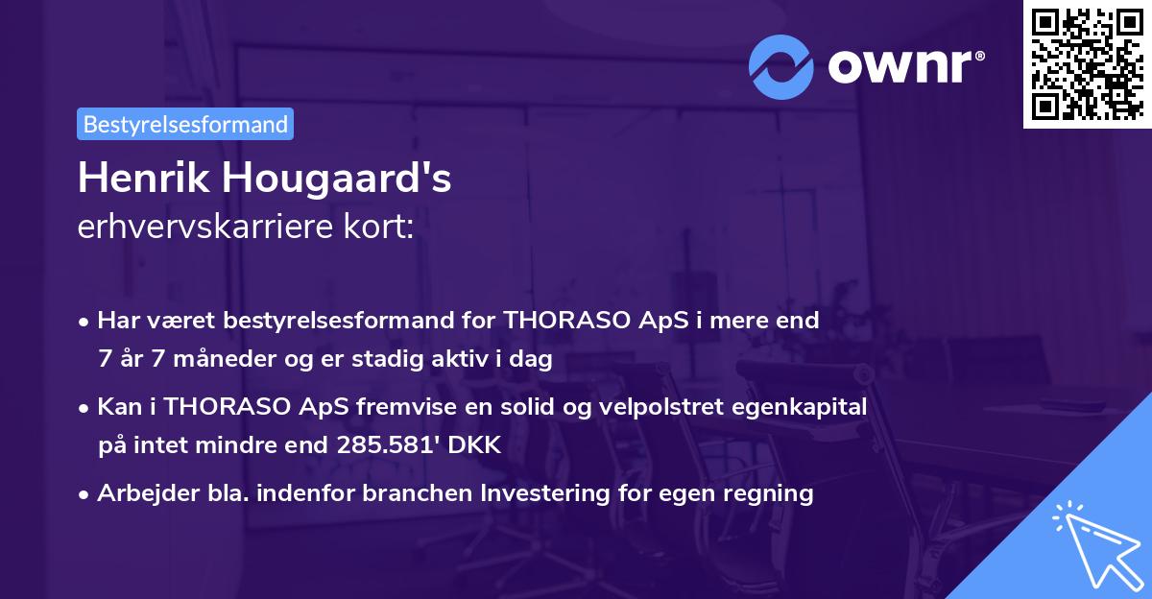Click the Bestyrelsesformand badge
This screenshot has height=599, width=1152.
185,124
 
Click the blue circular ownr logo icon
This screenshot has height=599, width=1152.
781,65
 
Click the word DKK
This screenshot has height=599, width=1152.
476,445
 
